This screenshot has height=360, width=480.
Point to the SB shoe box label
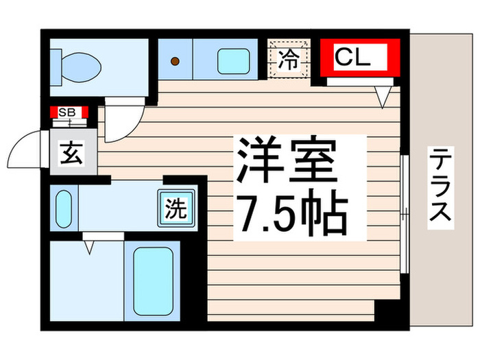(68, 112)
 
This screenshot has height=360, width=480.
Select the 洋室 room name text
(286, 158)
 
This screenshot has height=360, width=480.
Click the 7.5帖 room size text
(291, 213)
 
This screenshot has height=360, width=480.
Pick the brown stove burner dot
(175, 61)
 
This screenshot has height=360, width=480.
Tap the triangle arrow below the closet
(382, 99)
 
